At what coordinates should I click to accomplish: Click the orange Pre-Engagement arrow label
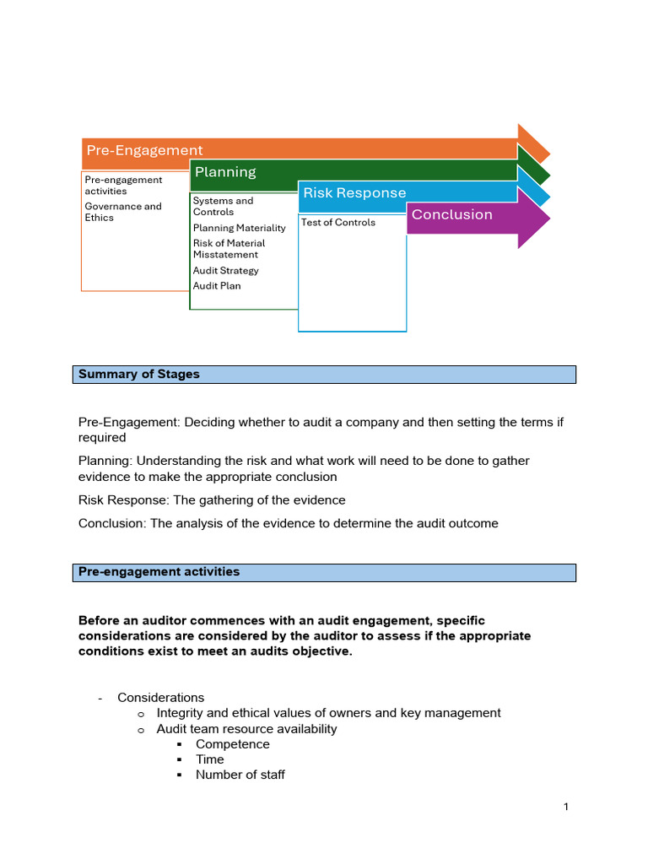(144, 150)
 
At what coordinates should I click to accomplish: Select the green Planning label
(225, 172)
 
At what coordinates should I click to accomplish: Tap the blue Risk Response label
(354, 193)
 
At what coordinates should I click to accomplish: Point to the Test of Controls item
(338, 223)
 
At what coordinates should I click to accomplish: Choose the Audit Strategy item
(225, 271)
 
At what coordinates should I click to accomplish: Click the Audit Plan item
(217, 286)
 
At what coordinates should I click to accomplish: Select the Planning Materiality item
(239, 228)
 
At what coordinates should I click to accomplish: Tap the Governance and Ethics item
(123, 212)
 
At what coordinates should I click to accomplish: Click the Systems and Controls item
(223, 207)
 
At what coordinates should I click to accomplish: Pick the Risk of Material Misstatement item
(229, 249)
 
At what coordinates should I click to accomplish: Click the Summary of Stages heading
(139, 374)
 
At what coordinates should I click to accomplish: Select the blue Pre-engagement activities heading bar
(324, 572)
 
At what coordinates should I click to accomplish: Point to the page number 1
(566, 807)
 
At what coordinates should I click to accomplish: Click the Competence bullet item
(233, 744)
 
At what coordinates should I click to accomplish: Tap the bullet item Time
(210, 759)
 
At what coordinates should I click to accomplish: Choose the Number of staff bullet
(240, 775)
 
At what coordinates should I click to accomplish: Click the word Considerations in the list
(160, 698)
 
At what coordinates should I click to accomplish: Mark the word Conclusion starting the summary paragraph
(111, 523)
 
